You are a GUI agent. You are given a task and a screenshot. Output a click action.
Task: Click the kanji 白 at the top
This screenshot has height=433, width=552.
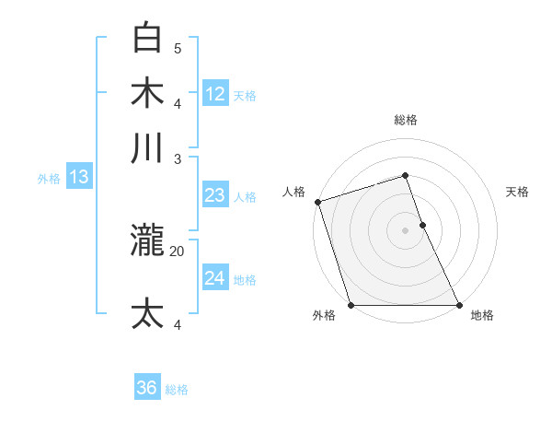point(148,38)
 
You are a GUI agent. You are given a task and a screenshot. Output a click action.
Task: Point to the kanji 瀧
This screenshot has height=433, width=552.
point(148,240)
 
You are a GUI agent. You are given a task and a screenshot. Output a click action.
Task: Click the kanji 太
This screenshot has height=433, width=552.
point(148,313)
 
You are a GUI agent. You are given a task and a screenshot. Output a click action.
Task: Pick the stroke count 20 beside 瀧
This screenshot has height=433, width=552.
point(178,250)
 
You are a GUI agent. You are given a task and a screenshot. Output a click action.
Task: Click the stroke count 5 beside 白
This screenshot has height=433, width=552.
point(178,48)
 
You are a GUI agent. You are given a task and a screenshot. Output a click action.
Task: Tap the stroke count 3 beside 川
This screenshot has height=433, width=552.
point(178,158)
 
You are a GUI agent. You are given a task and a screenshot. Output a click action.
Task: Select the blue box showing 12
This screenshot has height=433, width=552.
point(215,93)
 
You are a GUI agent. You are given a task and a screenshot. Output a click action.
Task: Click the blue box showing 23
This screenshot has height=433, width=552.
point(215,195)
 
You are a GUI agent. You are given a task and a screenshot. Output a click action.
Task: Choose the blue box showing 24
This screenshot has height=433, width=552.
point(215,278)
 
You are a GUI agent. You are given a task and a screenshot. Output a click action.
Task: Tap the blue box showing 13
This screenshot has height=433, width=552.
point(78,177)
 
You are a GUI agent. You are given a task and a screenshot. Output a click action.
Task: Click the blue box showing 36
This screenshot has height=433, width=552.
point(147,388)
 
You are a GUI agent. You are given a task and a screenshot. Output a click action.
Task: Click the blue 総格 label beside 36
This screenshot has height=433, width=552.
point(178,390)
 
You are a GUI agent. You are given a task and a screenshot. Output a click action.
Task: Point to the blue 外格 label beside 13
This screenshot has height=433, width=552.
point(49,179)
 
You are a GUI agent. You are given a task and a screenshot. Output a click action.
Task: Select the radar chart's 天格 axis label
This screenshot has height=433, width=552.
point(518,192)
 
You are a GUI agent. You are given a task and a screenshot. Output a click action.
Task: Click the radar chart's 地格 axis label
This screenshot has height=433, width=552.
point(482,315)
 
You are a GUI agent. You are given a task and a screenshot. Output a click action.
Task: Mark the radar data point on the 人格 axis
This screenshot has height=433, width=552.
point(317,202)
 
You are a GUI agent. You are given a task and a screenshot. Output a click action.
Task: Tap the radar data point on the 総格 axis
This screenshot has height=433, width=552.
point(405,175)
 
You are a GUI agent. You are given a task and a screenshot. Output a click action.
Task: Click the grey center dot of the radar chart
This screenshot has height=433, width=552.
point(405,230)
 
